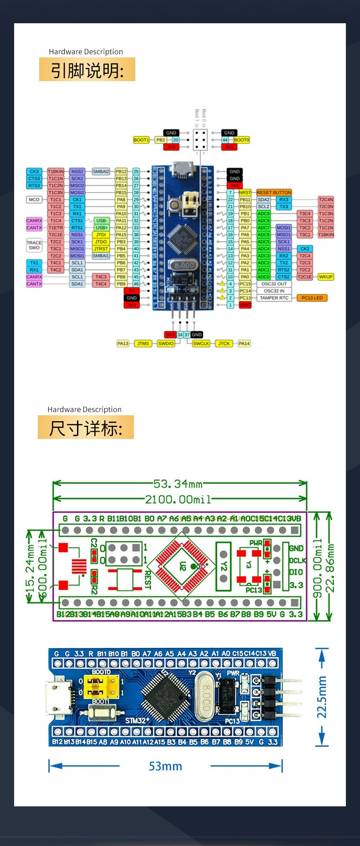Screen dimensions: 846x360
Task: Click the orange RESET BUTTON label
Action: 274,192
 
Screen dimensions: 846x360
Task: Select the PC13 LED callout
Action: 312,298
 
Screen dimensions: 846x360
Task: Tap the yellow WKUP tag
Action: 326,277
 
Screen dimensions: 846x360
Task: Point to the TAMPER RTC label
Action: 274,298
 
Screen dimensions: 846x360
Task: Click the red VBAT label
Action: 245,305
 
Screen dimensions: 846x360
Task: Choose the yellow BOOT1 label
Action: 141,140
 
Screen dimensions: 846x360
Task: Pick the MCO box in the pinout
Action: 34,200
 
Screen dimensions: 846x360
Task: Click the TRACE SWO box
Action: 34,245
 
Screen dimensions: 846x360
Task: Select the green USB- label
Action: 101,221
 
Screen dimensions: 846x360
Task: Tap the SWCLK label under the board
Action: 201,344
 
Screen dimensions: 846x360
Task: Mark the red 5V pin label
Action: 132,291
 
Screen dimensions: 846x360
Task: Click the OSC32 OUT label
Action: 274,284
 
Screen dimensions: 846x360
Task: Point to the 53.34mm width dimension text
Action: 178,484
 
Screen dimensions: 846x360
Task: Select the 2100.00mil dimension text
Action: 178,500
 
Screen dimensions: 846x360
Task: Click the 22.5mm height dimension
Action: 322,697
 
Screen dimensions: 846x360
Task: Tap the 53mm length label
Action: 165,766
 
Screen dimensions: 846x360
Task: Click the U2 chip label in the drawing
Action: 183,566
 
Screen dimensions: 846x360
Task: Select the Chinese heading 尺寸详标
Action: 86,428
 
